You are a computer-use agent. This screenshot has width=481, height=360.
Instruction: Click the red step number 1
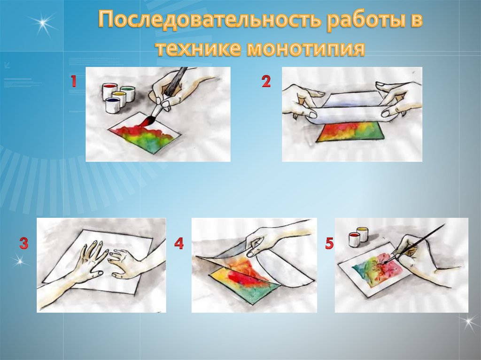pos(73,82)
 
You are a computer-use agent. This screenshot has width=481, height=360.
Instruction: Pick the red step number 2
pos(266,82)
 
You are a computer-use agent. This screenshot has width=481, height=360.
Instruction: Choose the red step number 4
pos(179,243)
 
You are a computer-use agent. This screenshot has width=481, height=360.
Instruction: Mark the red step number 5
pos(329,243)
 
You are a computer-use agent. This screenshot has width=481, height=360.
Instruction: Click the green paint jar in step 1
pos(127,93)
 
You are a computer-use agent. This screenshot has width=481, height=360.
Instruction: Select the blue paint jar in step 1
pos(113,105)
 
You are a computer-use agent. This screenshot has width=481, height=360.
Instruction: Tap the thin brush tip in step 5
pos(384,263)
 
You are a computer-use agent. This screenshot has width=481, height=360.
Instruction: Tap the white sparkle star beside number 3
pos(19,260)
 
